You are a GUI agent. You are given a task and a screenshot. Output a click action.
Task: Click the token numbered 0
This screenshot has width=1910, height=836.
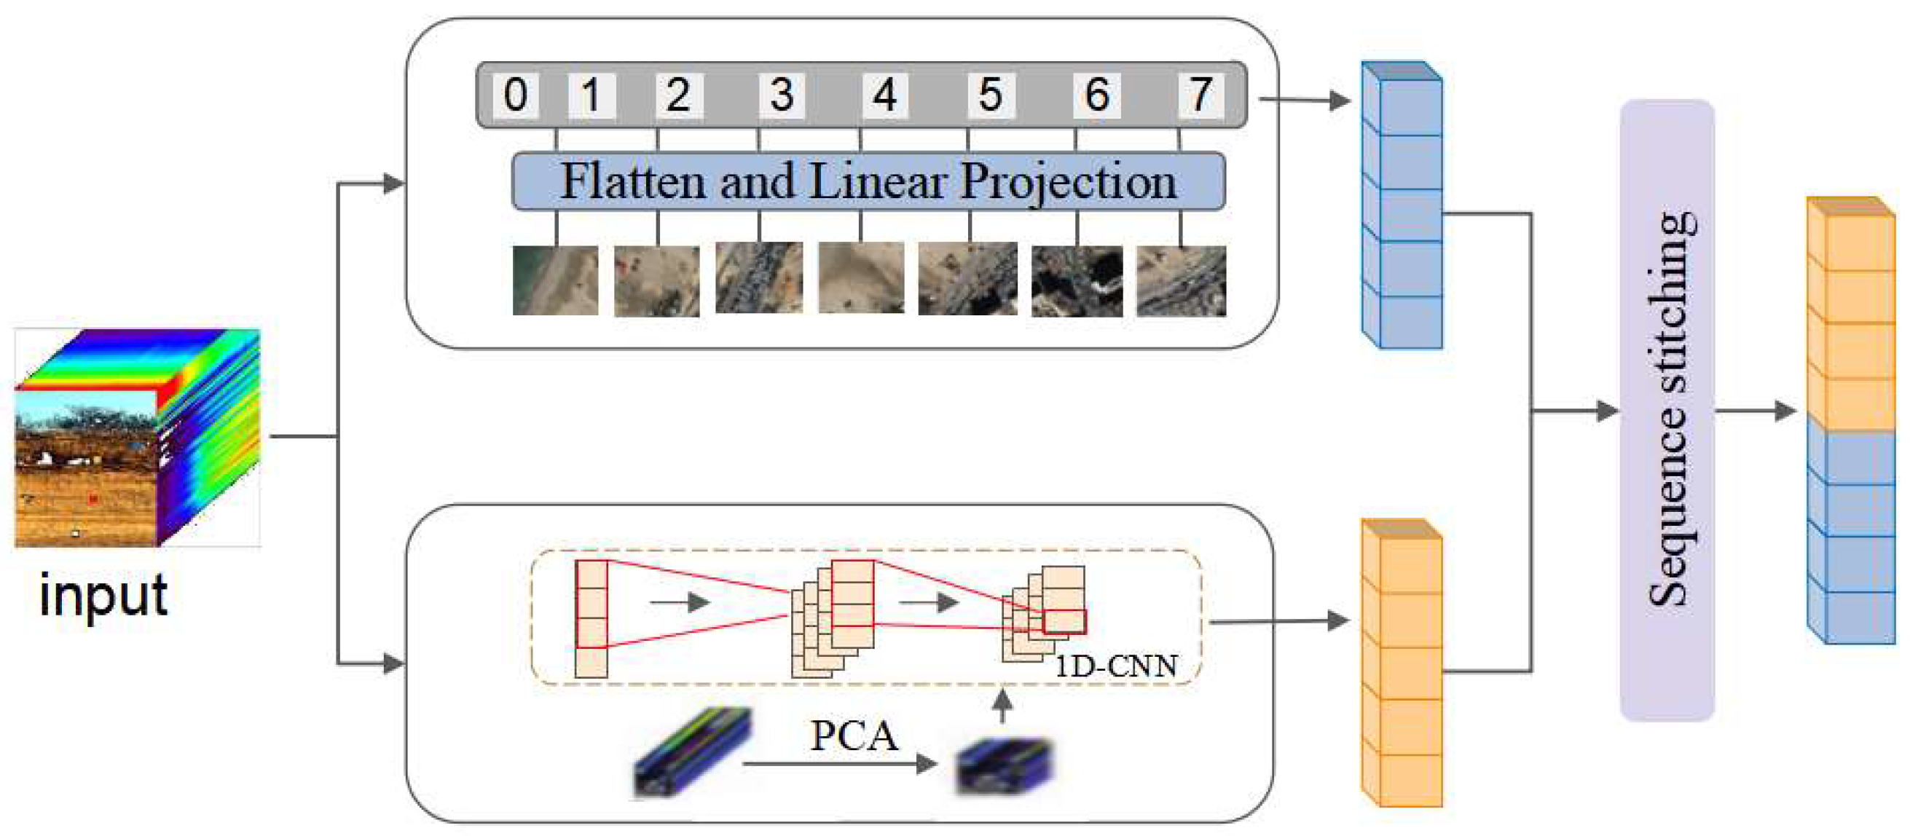pos(515,95)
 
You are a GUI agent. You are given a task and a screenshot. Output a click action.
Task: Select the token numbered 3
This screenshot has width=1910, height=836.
pos(782,95)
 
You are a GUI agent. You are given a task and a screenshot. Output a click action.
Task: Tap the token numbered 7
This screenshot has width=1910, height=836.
pos(1200,95)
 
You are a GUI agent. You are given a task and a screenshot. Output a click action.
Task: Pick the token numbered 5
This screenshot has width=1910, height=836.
pos(991,95)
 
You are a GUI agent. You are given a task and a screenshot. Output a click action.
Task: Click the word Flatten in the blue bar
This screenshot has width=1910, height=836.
pos(631,181)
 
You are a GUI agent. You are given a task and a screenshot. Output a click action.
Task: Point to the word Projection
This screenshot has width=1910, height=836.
pos(1068,181)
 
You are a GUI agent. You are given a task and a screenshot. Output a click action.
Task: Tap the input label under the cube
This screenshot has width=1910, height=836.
pos(103,595)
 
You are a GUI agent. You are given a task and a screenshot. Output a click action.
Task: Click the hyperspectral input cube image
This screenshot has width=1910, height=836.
pos(137,437)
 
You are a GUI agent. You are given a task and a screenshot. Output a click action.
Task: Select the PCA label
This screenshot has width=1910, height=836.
pos(854,736)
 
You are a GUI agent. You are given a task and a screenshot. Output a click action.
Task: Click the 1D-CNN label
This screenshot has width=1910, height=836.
pos(1115,666)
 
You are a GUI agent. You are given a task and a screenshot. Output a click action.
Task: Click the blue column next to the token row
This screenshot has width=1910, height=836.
pos(1402,208)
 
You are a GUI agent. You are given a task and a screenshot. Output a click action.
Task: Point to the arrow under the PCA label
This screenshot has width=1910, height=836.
pos(838,763)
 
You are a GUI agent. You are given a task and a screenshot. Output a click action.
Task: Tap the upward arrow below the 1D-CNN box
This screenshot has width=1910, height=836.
pos(1002,706)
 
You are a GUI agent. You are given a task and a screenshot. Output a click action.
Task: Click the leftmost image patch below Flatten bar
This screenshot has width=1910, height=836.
pos(555,280)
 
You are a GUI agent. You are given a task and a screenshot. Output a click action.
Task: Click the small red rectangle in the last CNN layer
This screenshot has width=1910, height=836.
pos(1064,622)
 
